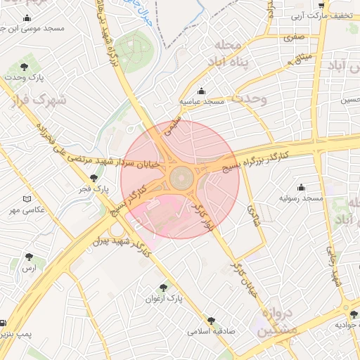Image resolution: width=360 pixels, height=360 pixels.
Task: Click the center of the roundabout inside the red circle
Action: (x=180, y=179)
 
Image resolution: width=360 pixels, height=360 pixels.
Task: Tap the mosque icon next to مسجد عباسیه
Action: (x=202, y=91)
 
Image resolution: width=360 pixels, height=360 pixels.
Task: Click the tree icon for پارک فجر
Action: (x=94, y=178)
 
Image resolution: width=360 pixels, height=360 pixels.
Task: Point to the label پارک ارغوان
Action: (x=165, y=299)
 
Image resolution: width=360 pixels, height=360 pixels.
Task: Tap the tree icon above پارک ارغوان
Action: (x=165, y=288)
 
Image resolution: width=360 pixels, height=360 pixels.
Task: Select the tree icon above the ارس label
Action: (x=29, y=257)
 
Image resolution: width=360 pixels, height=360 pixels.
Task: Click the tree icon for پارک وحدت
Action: (x=25, y=67)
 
